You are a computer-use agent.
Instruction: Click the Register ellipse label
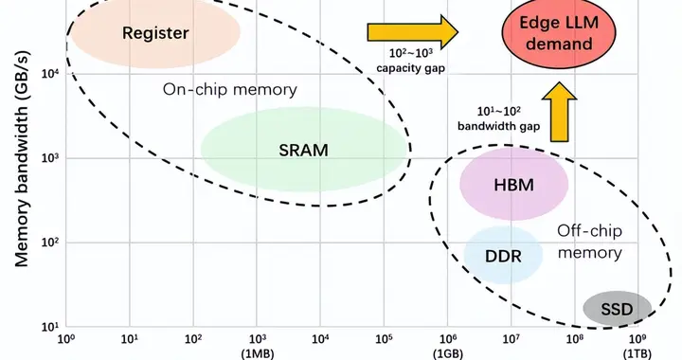pyautogui.click(x=155, y=33)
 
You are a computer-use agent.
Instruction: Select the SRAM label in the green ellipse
pyautogui.click(x=303, y=151)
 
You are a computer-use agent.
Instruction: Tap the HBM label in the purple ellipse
pyautogui.click(x=513, y=186)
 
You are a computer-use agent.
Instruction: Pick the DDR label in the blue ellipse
pyautogui.click(x=503, y=256)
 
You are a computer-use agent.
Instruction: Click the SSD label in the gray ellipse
pyautogui.click(x=617, y=310)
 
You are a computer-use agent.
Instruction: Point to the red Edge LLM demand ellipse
pyautogui.click(x=559, y=33)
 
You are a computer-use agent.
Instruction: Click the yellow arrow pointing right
pyautogui.click(x=413, y=32)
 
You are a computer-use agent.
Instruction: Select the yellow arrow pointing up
pyautogui.click(x=560, y=112)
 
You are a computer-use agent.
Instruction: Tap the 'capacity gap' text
pyautogui.click(x=410, y=68)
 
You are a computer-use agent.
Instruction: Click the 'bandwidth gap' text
pyautogui.click(x=498, y=127)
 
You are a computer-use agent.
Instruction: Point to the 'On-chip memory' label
pyautogui.click(x=229, y=90)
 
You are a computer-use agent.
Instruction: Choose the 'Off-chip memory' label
pyautogui.click(x=590, y=242)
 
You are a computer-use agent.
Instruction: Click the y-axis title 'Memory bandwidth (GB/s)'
pyautogui.click(x=21, y=159)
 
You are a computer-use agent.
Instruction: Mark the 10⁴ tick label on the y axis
pyautogui.click(x=50, y=73)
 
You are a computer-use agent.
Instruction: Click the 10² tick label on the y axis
pyautogui.click(x=50, y=242)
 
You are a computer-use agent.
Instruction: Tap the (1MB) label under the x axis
pyautogui.click(x=258, y=354)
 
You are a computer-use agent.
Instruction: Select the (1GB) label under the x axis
pyautogui.click(x=448, y=354)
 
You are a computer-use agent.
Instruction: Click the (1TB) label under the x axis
pyautogui.click(x=637, y=354)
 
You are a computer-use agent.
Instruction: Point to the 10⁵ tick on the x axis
pyautogui.click(x=384, y=338)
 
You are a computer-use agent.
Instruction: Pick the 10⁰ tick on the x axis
pyautogui.click(x=66, y=338)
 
